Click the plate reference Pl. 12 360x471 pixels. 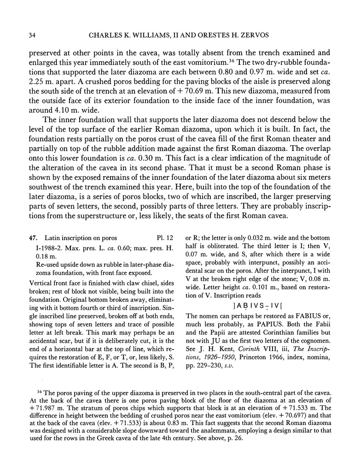[166, 238]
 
